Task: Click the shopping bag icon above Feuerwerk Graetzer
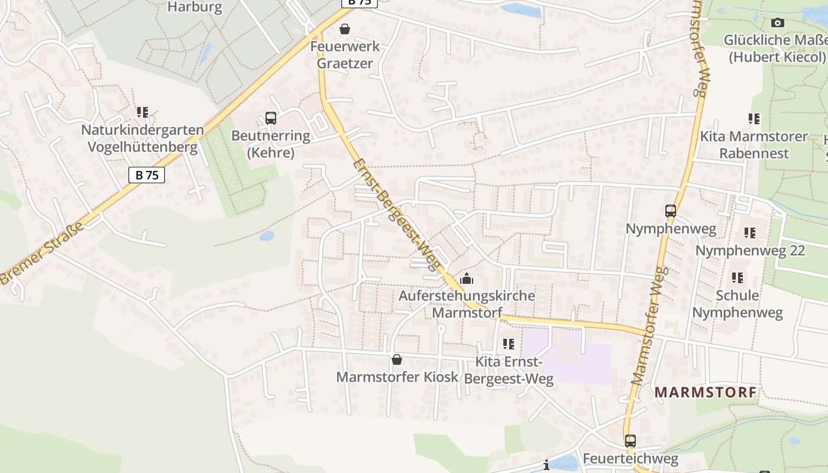pos(345,29)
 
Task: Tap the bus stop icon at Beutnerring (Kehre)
pos(271,118)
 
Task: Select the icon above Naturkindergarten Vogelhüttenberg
pos(142,112)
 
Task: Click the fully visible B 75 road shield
pos(146,175)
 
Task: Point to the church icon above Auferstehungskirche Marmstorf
pos(467,278)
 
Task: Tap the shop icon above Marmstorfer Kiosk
pos(397,359)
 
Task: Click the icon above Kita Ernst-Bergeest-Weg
pos(508,344)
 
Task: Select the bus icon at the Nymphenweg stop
pos(671,211)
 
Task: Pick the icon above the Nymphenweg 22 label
pos(750,233)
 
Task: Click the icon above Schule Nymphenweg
pos(737,277)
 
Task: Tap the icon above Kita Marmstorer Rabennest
pos(753,119)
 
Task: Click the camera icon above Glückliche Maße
pos(778,23)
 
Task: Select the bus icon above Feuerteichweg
pos(630,441)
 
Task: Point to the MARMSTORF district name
pos(706,392)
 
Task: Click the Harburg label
pos(195,7)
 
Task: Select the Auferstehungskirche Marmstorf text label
pos(467,304)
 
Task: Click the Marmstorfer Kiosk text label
pos(397,377)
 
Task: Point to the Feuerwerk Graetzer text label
pos(345,54)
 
